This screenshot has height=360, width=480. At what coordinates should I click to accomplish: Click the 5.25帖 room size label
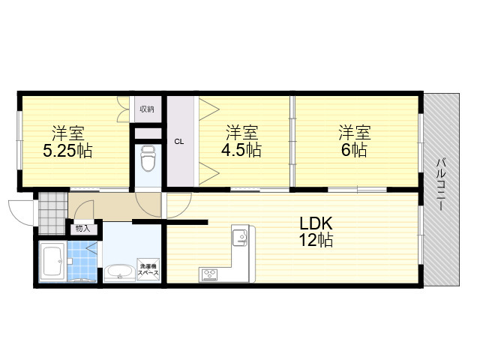pyautogui.click(x=67, y=150)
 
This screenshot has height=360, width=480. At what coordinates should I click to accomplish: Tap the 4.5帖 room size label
pyautogui.click(x=241, y=150)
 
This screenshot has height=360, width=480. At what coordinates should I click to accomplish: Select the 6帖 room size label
pyautogui.click(x=354, y=150)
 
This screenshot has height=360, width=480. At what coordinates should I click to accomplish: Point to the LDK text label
pyautogui.click(x=316, y=223)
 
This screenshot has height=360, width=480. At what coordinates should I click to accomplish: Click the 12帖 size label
pyautogui.click(x=316, y=240)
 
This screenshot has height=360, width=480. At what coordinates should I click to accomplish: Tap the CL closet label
pyautogui.click(x=179, y=142)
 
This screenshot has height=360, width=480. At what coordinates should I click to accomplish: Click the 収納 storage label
pyautogui.click(x=147, y=109)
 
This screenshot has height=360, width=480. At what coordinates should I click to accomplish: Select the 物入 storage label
pyautogui.click(x=83, y=228)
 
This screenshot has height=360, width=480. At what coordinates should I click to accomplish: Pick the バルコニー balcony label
pyautogui.click(x=440, y=184)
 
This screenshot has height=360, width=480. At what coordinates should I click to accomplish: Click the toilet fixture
pyautogui.click(x=148, y=158)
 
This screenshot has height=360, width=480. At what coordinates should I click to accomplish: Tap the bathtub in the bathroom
pyautogui.click(x=53, y=262)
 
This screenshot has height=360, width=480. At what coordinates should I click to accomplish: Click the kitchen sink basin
pyautogui.click(x=240, y=238)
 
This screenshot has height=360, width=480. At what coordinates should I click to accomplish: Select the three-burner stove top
pyautogui.click(x=209, y=274)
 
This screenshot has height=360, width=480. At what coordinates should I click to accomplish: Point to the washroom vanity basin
pyautogui.click(x=119, y=272)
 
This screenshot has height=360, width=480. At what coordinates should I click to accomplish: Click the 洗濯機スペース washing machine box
pyautogui.click(x=148, y=269)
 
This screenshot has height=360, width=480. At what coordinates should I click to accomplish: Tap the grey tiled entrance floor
pyautogui.click(x=52, y=213)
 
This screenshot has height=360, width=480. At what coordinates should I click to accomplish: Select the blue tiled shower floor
pyautogui.click(x=82, y=261)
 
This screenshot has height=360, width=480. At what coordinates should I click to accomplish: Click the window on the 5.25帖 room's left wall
pyautogui.click(x=19, y=140)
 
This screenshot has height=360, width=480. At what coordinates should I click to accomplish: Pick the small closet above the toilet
pyautogui.click(x=148, y=133)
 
